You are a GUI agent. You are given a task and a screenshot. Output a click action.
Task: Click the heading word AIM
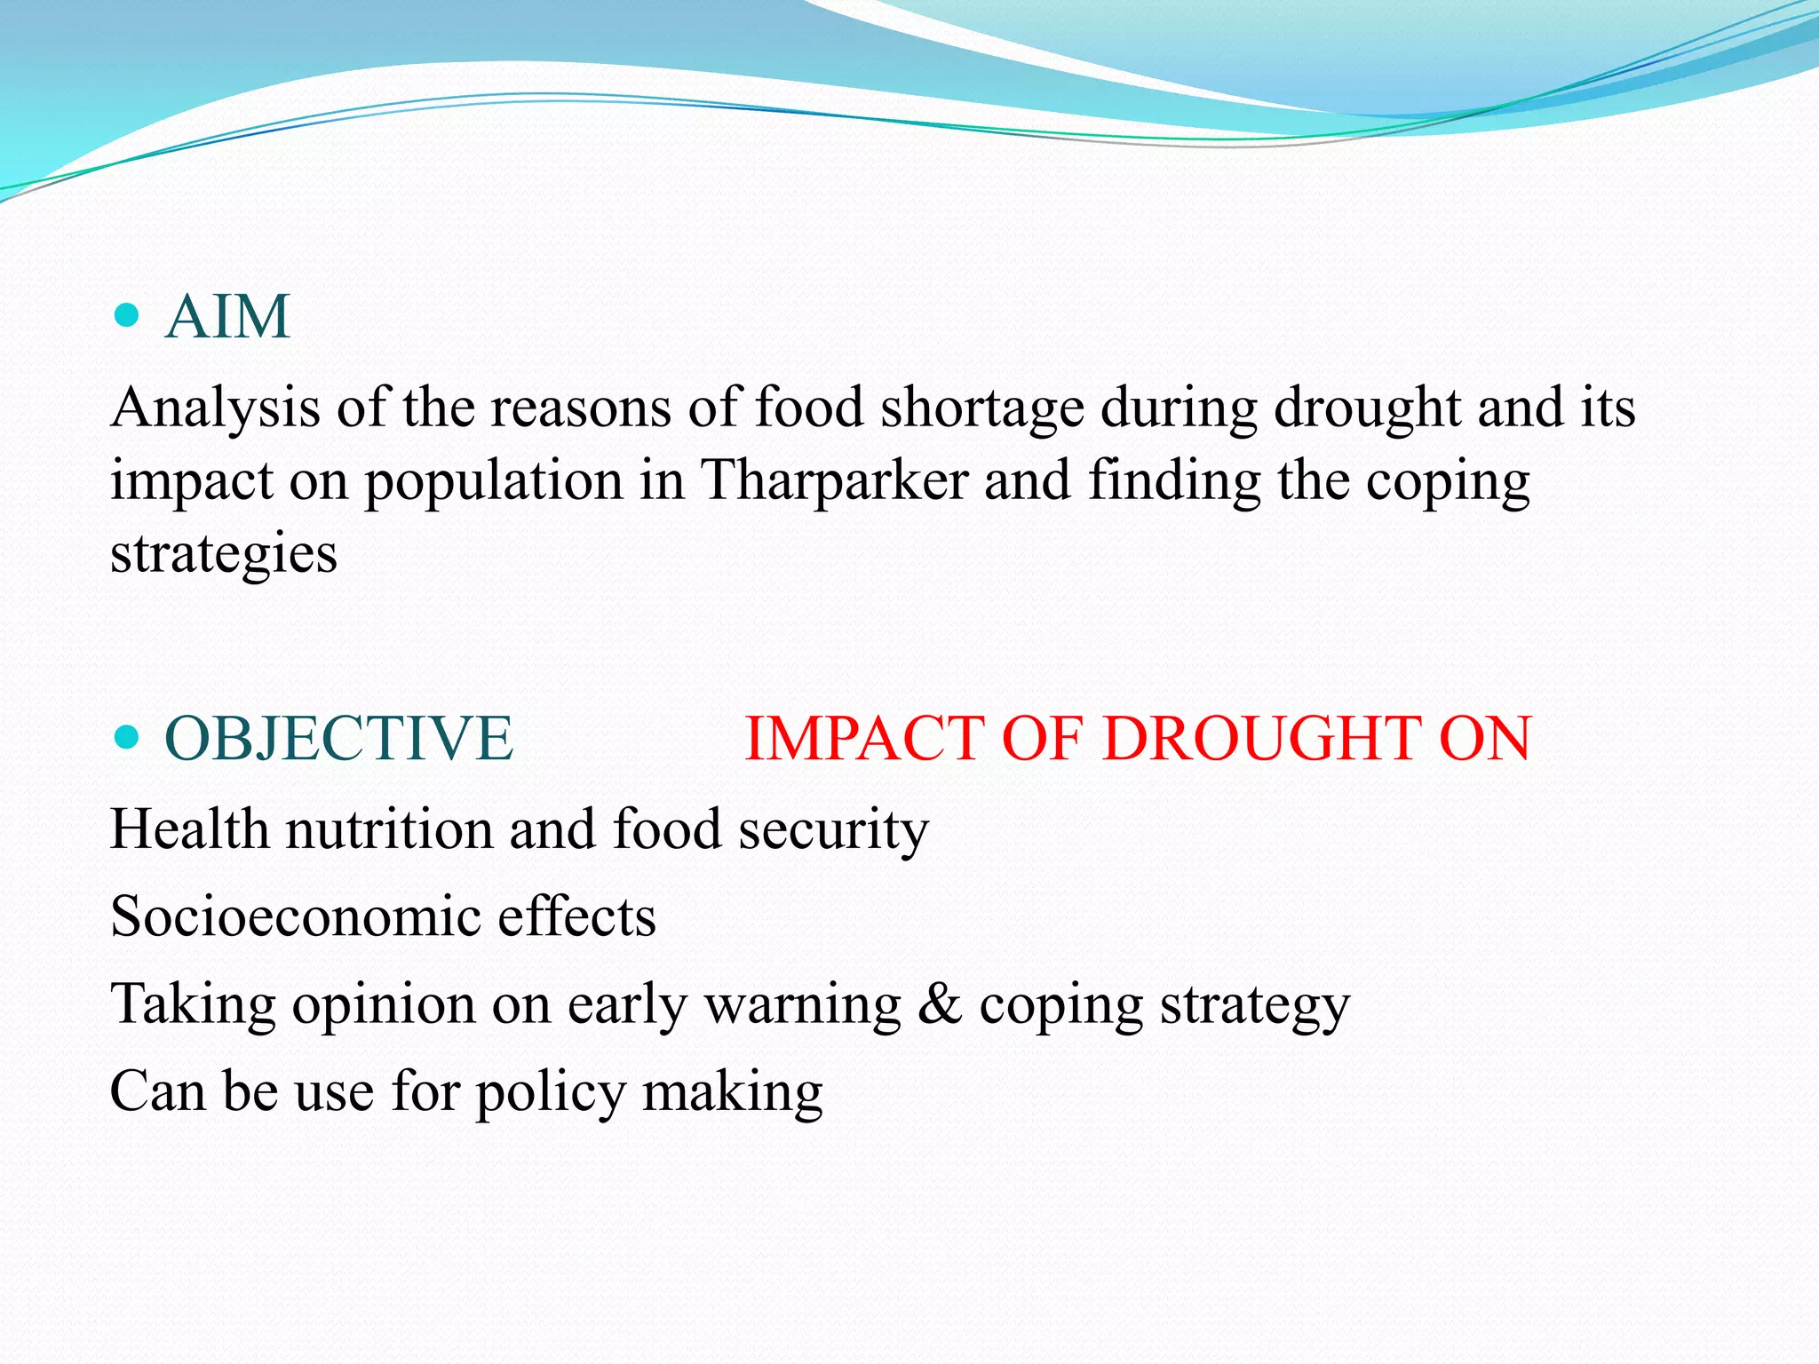point(227,317)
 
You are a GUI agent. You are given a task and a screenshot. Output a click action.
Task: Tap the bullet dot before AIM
point(128,315)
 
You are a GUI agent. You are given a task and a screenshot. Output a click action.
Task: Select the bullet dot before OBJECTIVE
point(128,737)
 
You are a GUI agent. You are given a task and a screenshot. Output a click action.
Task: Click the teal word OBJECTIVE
point(338,739)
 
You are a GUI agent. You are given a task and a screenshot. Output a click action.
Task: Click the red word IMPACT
point(865,739)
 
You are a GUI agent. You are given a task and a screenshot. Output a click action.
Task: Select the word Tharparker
point(834,480)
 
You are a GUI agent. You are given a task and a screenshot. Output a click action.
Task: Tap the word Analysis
point(215,408)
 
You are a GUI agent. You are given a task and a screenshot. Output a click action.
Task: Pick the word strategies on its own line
point(224,554)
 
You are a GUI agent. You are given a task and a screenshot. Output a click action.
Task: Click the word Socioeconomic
point(294,916)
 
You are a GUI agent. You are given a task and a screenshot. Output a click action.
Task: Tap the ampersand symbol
point(940,1004)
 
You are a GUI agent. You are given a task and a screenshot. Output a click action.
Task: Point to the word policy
point(551,1092)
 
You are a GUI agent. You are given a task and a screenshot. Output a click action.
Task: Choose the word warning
point(803,1005)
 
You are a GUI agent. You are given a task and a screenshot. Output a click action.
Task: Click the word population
point(495,480)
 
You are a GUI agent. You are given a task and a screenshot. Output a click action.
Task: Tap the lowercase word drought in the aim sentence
point(1367,408)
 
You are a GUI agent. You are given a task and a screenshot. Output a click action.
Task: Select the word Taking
point(193,1005)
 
